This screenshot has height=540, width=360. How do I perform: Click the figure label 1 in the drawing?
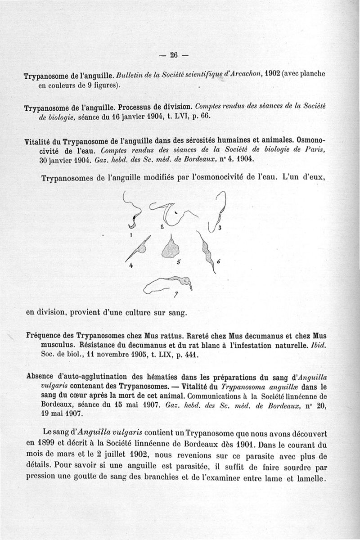(x=130, y=235)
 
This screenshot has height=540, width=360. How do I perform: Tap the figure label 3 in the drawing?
(x=219, y=228)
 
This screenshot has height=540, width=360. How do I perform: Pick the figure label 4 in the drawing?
(x=131, y=265)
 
